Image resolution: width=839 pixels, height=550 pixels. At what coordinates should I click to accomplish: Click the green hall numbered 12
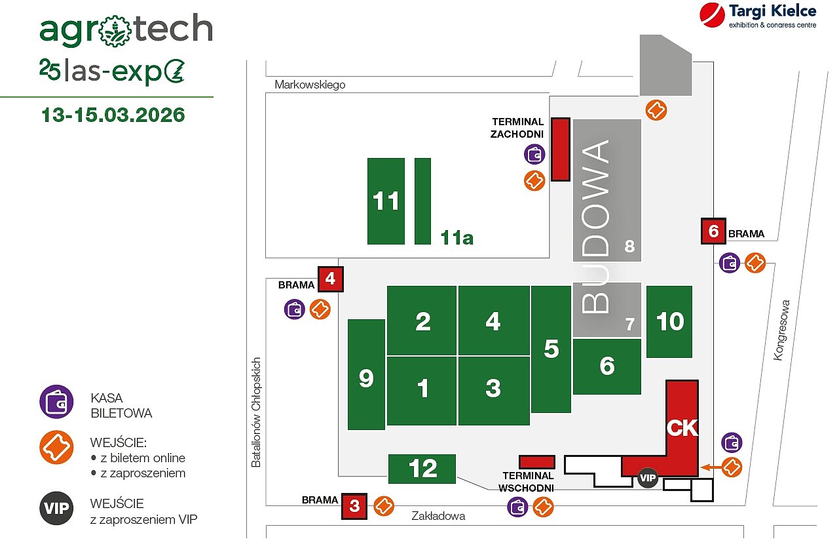tap(422, 468)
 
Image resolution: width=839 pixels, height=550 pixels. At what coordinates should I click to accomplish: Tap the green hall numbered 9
tap(366, 374)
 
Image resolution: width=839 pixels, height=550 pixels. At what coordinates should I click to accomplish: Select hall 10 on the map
tap(669, 321)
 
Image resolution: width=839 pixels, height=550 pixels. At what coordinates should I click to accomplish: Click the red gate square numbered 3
tap(354, 505)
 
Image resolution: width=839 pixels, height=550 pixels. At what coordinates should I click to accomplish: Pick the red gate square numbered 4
tap(330, 279)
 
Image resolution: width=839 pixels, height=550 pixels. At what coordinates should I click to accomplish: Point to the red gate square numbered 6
tap(713, 231)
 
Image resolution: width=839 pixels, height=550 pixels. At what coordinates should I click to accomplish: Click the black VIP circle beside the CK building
tap(648, 478)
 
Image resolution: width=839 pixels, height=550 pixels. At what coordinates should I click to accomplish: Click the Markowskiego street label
tap(310, 85)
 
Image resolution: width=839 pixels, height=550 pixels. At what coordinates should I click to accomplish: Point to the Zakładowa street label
tap(438, 516)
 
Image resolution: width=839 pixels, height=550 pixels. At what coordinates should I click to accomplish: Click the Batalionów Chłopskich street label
tap(256, 412)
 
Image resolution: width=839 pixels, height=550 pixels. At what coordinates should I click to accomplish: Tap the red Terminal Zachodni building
tap(560, 149)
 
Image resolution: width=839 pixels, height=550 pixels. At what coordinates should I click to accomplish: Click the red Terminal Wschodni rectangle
tap(536, 462)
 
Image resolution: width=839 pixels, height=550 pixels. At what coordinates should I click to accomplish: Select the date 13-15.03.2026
tap(113, 115)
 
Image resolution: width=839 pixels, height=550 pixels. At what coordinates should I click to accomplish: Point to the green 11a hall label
tap(457, 237)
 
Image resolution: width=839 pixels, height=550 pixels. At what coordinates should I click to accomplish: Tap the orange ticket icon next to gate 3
tap(384, 506)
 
